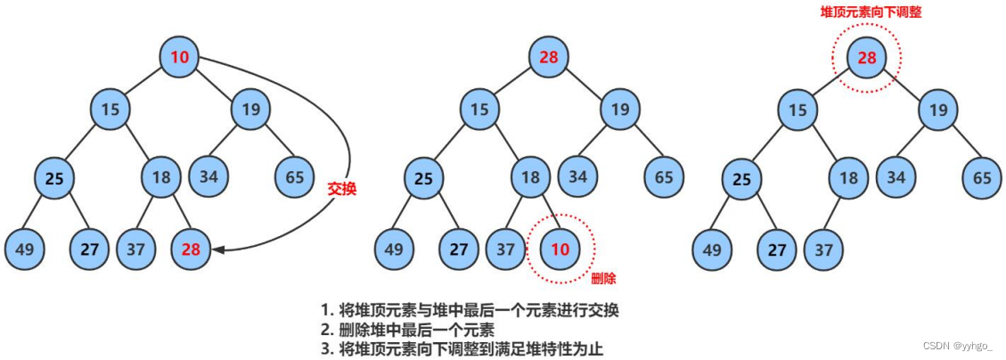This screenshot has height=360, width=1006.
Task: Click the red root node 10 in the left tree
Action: tap(180, 58)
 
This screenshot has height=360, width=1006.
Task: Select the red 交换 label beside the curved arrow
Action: tap(342, 189)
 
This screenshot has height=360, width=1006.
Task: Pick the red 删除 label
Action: tap(603, 279)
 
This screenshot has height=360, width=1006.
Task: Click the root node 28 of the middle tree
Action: tap(550, 58)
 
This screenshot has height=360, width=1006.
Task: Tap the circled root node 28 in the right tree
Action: tap(867, 58)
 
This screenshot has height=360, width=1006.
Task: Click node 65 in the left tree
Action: tap(295, 176)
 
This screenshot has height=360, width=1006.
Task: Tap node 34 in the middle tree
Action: tap(578, 176)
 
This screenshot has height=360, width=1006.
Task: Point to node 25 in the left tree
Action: tap(54, 178)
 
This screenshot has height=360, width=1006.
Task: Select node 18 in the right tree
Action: tap(848, 178)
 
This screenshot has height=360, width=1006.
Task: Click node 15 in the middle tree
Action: tap(480, 110)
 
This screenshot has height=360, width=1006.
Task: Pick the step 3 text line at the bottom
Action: tap(462, 348)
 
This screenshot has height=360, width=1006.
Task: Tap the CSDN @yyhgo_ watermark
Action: tap(957, 346)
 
